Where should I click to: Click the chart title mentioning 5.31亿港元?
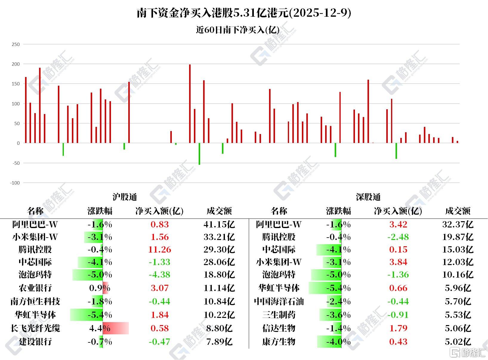coord(244,13)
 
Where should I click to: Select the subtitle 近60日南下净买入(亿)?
coord(237,30)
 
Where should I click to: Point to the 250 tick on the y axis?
coord(16,44)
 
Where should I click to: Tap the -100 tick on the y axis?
coord(15,183)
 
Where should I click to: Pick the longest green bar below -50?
coord(199,154)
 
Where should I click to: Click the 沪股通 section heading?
coord(125,197)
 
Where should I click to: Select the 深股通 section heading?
coord(368,197)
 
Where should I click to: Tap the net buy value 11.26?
coord(160,250)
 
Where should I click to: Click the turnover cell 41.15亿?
coord(219,224)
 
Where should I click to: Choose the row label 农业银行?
coord(35,288)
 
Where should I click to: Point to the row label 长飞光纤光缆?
coord(35,328)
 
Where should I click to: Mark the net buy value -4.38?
coord(160,275)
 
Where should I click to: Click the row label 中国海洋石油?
coord(279,301)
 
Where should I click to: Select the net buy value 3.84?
coord(398,262)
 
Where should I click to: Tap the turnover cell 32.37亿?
coord(458,224)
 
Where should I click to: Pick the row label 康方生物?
coord(279,342)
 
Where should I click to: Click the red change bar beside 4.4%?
coord(116,328)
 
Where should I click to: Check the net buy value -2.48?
coord(398,237)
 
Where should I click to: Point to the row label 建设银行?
coord(35,342)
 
